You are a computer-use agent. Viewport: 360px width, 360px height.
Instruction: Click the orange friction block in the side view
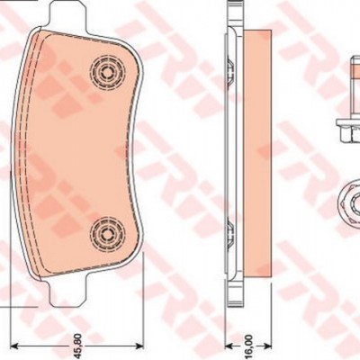[257, 153]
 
